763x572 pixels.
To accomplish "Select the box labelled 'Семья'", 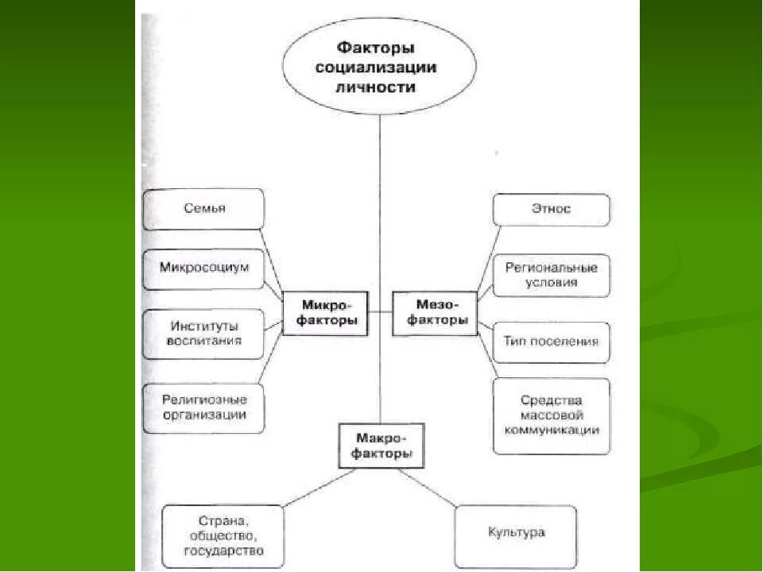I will [x=203, y=209].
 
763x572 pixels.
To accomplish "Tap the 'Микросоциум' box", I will [x=203, y=268].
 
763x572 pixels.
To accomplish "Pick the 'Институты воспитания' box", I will [x=203, y=334].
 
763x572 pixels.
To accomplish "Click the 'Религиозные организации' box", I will [x=203, y=407].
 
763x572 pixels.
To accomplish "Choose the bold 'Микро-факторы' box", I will [x=326, y=312].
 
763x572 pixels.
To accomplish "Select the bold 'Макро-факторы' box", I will [x=381, y=446].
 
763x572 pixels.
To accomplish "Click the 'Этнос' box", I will [x=552, y=210].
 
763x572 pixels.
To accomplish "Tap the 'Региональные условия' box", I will [x=552, y=275].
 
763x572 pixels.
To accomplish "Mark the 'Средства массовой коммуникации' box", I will [x=552, y=415].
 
